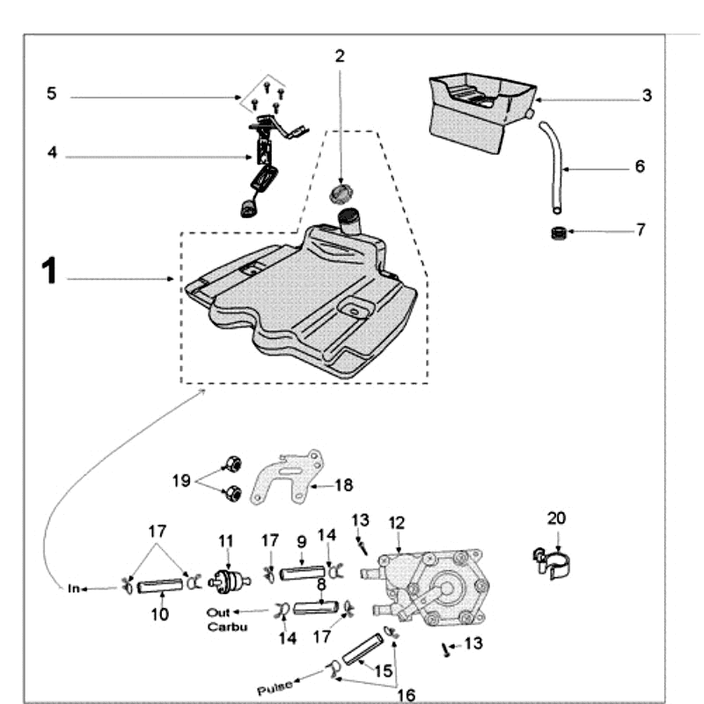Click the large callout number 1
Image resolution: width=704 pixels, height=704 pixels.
[x=49, y=272]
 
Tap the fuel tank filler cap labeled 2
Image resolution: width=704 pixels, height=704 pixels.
[x=341, y=193]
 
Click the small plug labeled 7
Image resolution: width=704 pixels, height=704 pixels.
[x=556, y=234]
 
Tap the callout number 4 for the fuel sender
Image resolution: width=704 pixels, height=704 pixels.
[x=52, y=153]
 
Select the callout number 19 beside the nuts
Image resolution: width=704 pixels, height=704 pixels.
[x=181, y=480]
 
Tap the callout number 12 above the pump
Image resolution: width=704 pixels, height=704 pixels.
[x=397, y=523]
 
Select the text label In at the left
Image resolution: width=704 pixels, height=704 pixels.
[x=75, y=588]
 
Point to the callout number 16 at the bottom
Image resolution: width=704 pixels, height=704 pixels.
[x=407, y=695]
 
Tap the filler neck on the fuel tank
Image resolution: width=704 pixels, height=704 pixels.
[x=351, y=222]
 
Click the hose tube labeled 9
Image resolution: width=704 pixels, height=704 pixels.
[x=302, y=575]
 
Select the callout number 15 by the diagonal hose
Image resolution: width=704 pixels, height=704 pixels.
[x=384, y=671]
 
